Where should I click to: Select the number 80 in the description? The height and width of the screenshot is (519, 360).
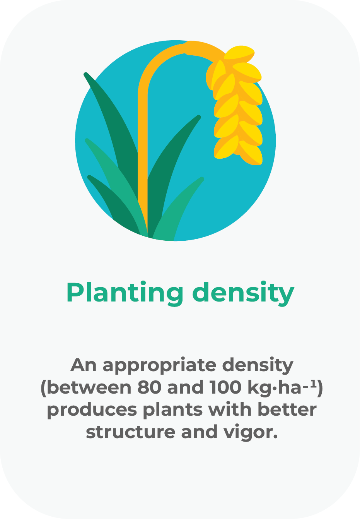[149, 388]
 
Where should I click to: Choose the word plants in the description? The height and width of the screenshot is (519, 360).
[173, 411]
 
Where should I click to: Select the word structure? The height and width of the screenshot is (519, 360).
[131, 432]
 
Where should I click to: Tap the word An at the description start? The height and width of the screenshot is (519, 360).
[84, 365]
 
